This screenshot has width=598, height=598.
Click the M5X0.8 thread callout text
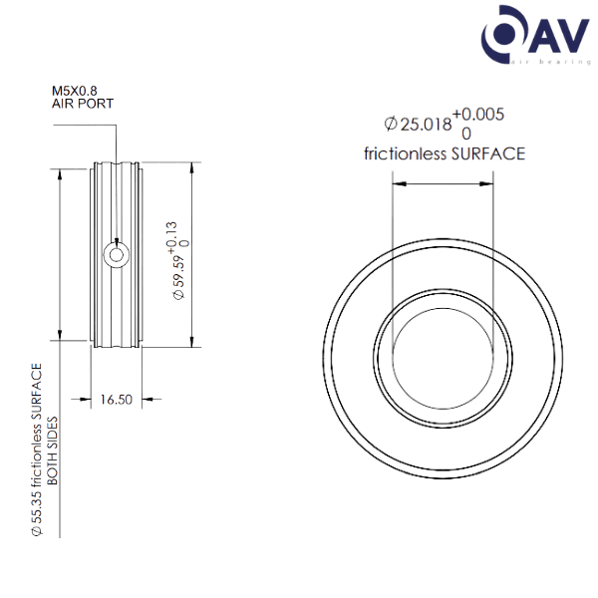pos(74,91)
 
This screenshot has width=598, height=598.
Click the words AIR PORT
pos(83,104)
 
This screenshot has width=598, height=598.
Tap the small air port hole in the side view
pos(118,255)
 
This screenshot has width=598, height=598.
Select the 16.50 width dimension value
pos(117,401)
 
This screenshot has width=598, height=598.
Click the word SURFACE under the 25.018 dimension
pos(488,153)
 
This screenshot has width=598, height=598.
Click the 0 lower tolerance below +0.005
pos(466,132)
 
